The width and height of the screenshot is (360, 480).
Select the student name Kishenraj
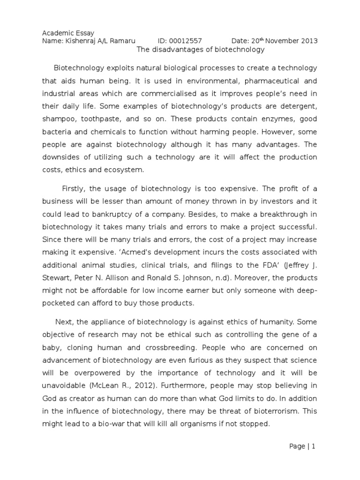[x=80, y=41]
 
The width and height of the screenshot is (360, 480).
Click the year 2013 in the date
[x=308, y=41]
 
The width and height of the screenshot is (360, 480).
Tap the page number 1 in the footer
[x=313, y=446]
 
